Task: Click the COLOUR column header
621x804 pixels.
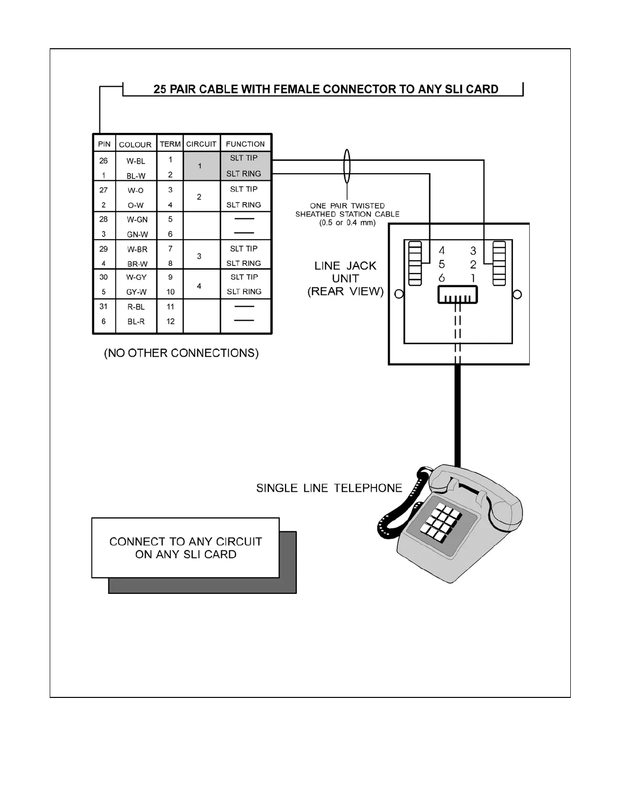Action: (x=135, y=145)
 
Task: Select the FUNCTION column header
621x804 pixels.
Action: (x=245, y=144)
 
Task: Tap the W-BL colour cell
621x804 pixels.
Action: (x=135, y=161)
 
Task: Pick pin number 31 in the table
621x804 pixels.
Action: (x=103, y=306)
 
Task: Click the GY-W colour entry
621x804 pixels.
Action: (x=136, y=292)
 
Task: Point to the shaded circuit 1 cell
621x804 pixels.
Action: (x=200, y=166)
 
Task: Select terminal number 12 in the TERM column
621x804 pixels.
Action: (x=170, y=321)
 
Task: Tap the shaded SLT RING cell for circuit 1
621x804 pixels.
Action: (x=244, y=174)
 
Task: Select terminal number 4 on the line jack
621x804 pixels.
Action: (x=442, y=250)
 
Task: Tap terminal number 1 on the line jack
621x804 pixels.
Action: (x=473, y=278)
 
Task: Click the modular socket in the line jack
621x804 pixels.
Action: (x=458, y=295)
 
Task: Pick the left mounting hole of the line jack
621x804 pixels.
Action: (x=399, y=294)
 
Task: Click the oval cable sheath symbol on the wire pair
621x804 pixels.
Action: (x=347, y=166)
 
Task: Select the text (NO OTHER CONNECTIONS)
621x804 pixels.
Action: (x=181, y=353)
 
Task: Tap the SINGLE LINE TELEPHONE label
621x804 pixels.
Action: (x=329, y=488)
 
